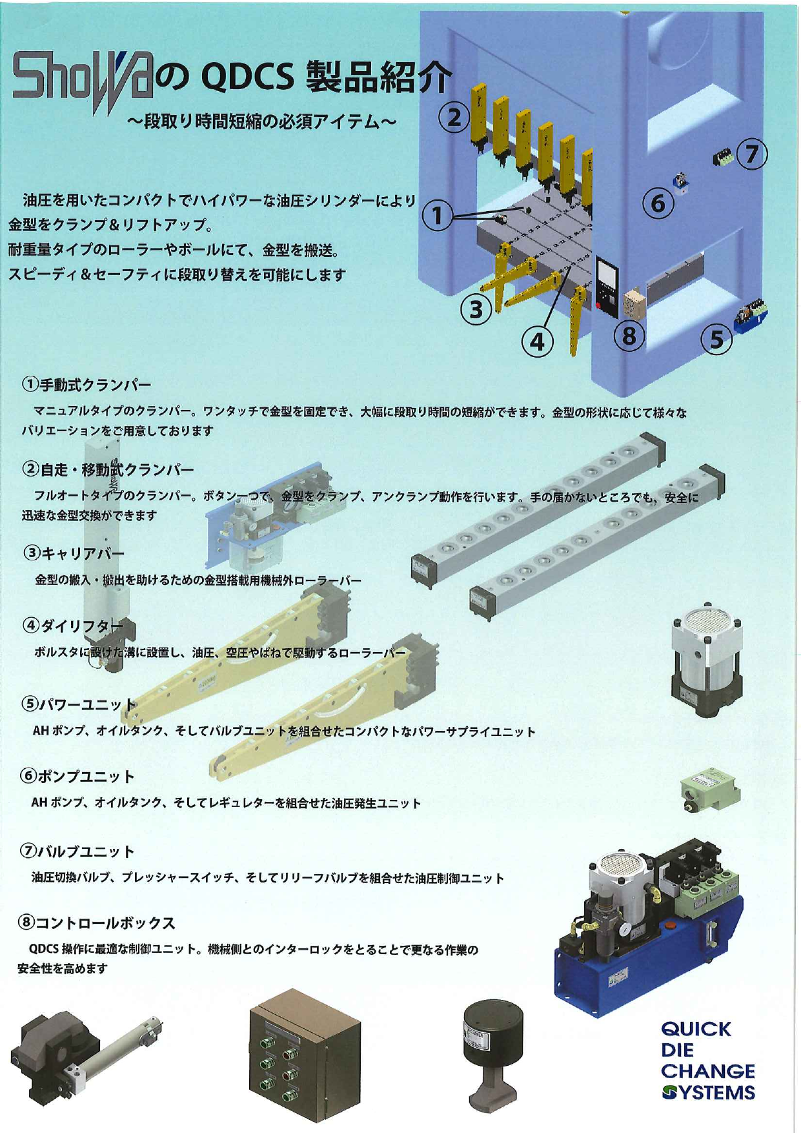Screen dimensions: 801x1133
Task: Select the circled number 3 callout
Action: [476, 310]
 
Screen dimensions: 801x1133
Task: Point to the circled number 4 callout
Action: [538, 341]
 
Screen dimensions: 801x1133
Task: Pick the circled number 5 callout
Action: [717, 338]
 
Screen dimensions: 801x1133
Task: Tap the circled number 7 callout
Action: [752, 154]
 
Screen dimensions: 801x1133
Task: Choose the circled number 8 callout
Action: [629, 335]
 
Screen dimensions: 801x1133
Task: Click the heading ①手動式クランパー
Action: [86, 385]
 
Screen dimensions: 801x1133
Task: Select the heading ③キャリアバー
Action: [74, 553]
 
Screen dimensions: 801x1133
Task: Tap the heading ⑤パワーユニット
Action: [79, 704]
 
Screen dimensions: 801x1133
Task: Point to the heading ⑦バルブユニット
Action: [77, 852]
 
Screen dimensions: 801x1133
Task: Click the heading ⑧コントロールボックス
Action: [96, 923]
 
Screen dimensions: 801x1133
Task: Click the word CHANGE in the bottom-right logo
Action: [708, 1072]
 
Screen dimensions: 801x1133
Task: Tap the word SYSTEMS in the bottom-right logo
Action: [709, 1092]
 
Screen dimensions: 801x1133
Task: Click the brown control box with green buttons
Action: [305, 1053]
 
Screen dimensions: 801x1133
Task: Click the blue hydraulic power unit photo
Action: [648, 926]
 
